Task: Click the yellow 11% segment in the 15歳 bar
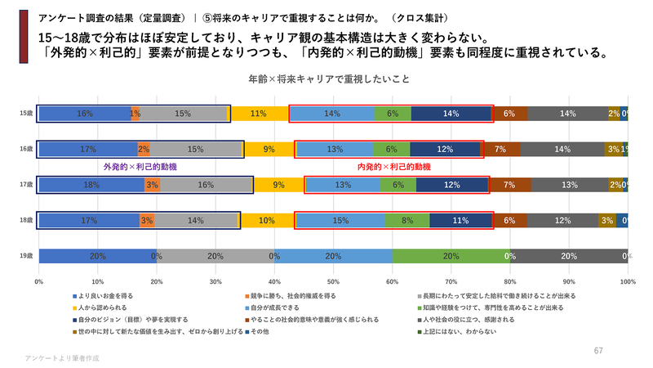tap(259, 114)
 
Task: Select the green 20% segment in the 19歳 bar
tap(451, 256)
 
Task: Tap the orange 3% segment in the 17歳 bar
tap(152, 185)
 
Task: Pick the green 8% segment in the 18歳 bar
tap(406, 221)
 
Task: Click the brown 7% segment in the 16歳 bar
tap(500, 149)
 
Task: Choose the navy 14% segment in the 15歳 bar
tap(451, 114)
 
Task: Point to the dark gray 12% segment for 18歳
tap(562, 221)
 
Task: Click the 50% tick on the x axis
tap(333, 281)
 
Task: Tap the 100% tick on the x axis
tap(628, 281)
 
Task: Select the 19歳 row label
tap(26, 256)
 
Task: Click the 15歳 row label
tap(26, 114)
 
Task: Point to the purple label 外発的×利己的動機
tap(140, 167)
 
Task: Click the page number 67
tap(597, 350)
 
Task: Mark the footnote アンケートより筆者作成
tap(61, 358)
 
